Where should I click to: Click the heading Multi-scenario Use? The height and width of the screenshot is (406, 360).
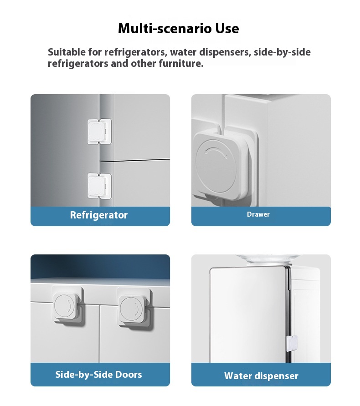(178, 29)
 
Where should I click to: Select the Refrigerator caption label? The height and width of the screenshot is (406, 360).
(99, 215)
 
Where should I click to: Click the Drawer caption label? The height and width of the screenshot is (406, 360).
(258, 214)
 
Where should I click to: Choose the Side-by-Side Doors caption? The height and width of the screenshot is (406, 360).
(98, 375)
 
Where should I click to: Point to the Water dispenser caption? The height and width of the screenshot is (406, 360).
(261, 376)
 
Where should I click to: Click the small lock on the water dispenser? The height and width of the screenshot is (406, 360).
(291, 343)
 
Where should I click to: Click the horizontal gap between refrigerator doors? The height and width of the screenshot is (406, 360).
(134, 160)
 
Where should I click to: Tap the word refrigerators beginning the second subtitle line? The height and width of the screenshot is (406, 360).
(78, 63)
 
